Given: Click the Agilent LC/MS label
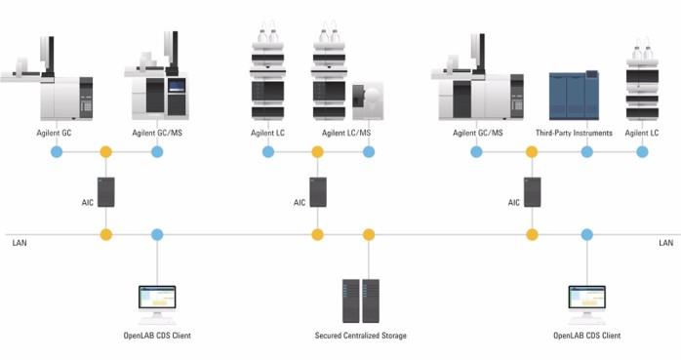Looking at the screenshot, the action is (346, 133).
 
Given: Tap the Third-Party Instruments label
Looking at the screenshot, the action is (574, 133).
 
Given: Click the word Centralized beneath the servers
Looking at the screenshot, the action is (360, 336).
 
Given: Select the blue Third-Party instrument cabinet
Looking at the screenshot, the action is (574, 96).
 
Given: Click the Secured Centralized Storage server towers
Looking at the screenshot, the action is (360, 300).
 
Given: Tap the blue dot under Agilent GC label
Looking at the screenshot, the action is (57, 152).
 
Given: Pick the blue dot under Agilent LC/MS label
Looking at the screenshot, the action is (369, 152).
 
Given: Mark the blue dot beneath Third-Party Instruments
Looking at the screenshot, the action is (586, 152).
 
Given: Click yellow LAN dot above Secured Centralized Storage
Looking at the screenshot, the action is (369, 235).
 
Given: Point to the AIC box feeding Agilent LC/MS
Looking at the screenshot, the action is (318, 192).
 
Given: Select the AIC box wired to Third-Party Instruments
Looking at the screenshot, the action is (533, 192).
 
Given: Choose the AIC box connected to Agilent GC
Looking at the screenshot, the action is (106, 192).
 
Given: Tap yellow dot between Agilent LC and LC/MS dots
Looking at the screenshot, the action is (317, 152).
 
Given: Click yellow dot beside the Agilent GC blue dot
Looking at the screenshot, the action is (106, 152).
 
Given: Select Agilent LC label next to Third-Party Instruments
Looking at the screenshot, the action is (641, 133).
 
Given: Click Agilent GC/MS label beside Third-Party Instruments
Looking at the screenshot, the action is (478, 133).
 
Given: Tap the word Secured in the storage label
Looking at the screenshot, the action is (328, 336).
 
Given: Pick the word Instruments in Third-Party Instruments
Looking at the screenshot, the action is (593, 133).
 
